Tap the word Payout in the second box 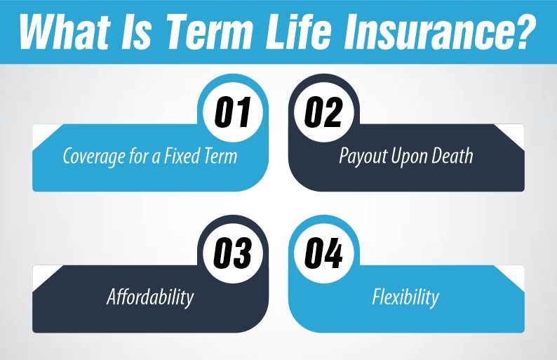click(x=360, y=156)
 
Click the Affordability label click(x=150, y=297)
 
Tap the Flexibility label click(x=405, y=297)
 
